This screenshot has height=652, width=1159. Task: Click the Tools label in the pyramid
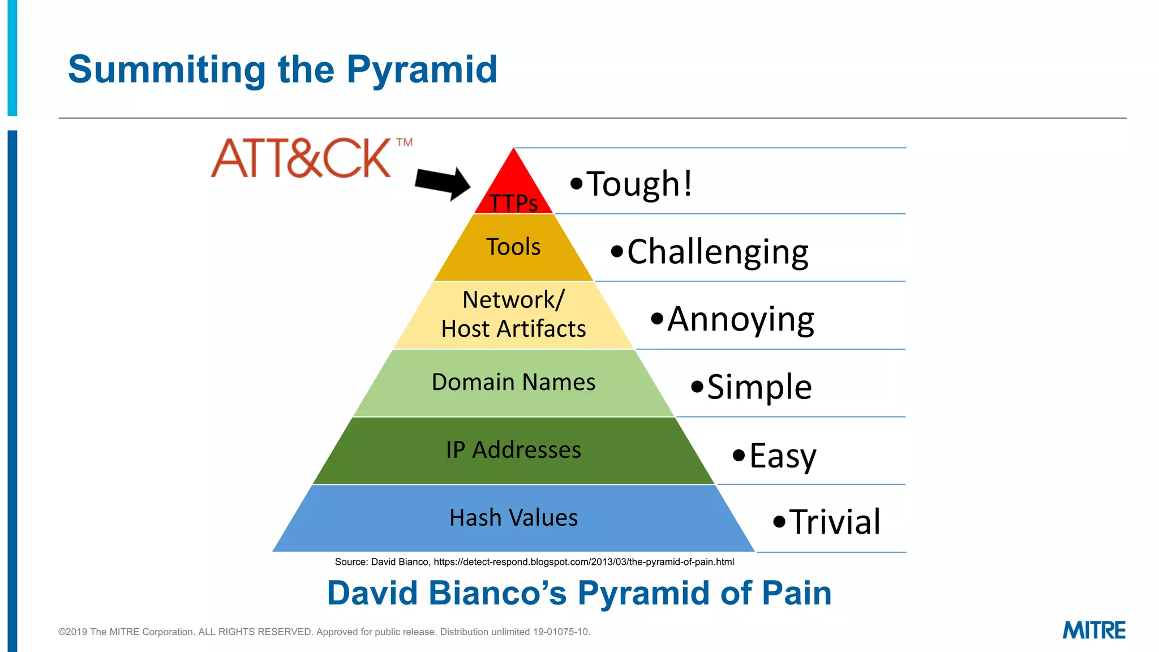(x=513, y=247)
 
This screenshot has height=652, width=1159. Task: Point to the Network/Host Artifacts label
(x=513, y=315)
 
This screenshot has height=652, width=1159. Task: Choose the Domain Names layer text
(x=513, y=383)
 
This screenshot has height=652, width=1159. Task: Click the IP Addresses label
(x=513, y=451)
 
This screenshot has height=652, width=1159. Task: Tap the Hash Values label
(x=513, y=518)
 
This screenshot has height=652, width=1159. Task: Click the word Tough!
(x=639, y=184)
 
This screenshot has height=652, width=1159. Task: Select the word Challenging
(x=718, y=252)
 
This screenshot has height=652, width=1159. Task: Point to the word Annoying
(x=740, y=320)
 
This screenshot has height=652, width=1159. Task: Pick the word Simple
(x=759, y=388)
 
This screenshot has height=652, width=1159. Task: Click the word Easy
(x=782, y=456)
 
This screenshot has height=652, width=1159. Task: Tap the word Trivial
(x=834, y=522)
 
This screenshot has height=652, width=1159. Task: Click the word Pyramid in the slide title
(x=422, y=70)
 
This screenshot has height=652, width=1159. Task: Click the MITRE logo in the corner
(x=1093, y=630)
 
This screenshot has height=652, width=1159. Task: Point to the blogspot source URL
(x=583, y=562)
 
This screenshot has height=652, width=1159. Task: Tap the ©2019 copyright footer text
(x=324, y=632)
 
